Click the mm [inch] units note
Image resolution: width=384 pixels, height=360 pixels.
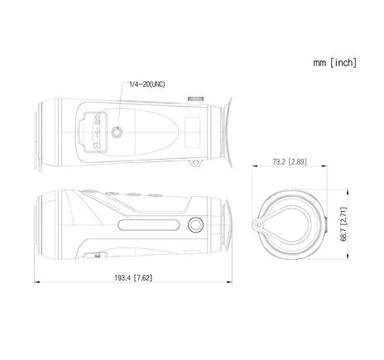(x=335, y=62)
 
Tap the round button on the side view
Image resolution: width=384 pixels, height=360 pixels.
(x=195, y=225)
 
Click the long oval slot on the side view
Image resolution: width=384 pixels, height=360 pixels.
(x=151, y=226)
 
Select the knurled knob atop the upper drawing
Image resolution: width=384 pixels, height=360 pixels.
(x=196, y=98)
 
